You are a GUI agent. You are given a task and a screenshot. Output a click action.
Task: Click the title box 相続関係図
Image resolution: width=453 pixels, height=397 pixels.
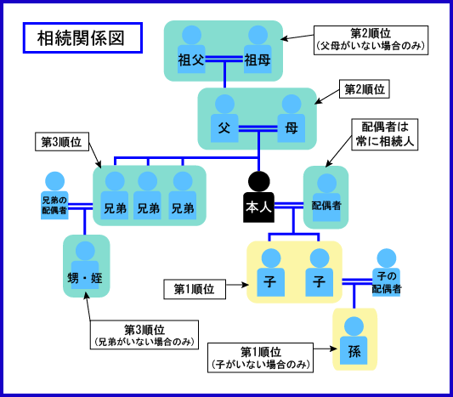pos(82,38)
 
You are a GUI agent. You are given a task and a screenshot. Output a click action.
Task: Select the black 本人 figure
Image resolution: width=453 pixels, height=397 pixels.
pos(259,197)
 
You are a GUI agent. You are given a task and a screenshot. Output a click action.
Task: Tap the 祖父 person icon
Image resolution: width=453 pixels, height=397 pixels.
pos(191,49)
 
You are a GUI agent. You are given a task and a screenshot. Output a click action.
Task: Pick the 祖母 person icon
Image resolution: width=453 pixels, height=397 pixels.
pos(258,49)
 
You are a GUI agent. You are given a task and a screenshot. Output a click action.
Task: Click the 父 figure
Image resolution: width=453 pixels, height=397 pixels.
pos(224,118)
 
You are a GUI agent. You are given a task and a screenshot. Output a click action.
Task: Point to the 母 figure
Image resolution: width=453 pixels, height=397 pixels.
pos(292,118)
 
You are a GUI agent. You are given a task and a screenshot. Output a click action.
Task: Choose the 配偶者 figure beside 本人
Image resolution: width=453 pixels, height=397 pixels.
pos(326,197)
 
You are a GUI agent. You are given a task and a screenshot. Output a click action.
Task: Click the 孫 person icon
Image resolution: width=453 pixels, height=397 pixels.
pos(354,340)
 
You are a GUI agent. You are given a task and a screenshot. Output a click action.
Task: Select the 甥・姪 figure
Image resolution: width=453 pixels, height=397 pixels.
pos(85,265)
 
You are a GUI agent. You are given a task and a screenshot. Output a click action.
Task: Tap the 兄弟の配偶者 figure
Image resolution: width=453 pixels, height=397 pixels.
pos(54,196)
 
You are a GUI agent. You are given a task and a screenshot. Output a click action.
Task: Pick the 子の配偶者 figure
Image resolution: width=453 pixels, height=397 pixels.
pos(386,273)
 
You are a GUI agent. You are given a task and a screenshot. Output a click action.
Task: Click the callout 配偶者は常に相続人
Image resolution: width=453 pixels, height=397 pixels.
pos(385,134)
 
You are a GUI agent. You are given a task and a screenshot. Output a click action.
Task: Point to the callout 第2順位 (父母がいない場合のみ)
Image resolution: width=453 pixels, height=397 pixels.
pos(371,40)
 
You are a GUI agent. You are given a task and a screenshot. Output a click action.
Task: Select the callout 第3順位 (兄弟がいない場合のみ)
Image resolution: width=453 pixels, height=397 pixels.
pos(144,335)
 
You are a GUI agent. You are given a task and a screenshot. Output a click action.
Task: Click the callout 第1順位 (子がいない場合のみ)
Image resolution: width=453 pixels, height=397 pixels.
pos(260,358)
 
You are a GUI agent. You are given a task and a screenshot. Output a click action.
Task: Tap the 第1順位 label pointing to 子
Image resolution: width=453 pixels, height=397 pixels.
pos(195,289)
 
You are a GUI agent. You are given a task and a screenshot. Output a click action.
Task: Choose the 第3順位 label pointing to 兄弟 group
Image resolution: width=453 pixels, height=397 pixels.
pos(62,142)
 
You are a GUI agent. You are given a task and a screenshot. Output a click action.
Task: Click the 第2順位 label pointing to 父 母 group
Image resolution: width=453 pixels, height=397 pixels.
pos(365,89)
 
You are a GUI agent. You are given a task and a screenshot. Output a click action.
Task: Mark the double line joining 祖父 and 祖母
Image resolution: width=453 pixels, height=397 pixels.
pos(224,59)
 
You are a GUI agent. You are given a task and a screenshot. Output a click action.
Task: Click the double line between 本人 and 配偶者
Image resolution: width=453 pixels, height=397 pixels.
pos(289,205)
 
